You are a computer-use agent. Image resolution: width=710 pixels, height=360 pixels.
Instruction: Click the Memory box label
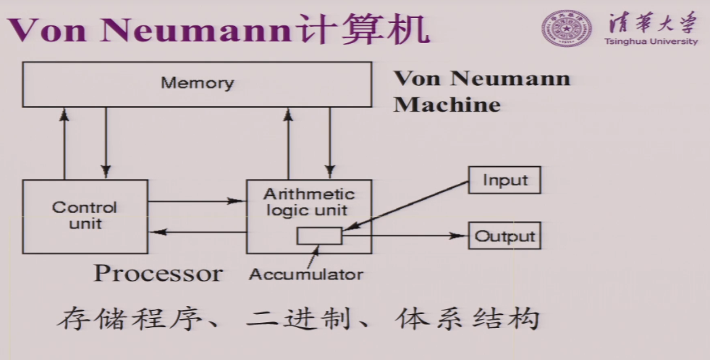197,83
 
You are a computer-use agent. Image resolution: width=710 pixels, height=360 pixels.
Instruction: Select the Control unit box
85,216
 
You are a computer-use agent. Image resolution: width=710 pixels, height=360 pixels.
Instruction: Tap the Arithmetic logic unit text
309,202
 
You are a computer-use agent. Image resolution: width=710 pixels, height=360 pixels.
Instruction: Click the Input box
504,180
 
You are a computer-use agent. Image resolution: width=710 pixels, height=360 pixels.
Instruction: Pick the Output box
504,236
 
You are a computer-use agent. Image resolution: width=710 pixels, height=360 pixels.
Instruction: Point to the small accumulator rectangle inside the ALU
319,236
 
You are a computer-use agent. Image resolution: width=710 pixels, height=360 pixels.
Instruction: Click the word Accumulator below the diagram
306,275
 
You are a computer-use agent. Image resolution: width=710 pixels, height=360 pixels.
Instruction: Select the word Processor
158,273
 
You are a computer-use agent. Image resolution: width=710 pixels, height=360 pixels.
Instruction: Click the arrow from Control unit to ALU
197,201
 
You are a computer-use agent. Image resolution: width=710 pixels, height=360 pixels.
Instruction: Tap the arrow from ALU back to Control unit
197,232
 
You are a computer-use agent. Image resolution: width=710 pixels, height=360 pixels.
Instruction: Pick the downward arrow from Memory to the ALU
330,142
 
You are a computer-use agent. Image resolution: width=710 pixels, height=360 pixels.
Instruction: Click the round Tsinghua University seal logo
566,28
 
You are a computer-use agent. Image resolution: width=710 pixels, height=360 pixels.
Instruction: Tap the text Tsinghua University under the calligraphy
651,41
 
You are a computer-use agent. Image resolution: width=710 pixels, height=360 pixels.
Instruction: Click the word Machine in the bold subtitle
447,105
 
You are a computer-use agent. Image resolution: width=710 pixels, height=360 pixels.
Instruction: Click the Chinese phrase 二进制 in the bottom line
299,319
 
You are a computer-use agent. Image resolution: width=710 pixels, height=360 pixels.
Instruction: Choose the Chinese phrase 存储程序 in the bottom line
129,319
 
